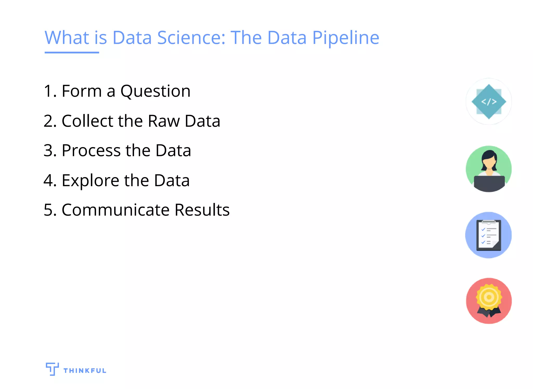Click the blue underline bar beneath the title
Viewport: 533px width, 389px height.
point(72,52)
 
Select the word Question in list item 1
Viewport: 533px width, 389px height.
point(155,91)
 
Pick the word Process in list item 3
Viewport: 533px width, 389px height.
point(91,151)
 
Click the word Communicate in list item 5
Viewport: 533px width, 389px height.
point(116,210)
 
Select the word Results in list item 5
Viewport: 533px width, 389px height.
point(202,210)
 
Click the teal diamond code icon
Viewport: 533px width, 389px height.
point(489,102)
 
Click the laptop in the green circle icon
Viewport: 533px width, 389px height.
point(489,183)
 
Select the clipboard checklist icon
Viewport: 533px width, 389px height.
point(488,235)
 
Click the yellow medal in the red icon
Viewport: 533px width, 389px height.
point(489,297)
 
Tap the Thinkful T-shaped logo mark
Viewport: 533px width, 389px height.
point(52,369)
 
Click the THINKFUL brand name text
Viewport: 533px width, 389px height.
point(85,371)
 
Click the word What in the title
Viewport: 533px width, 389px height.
point(67,37)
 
